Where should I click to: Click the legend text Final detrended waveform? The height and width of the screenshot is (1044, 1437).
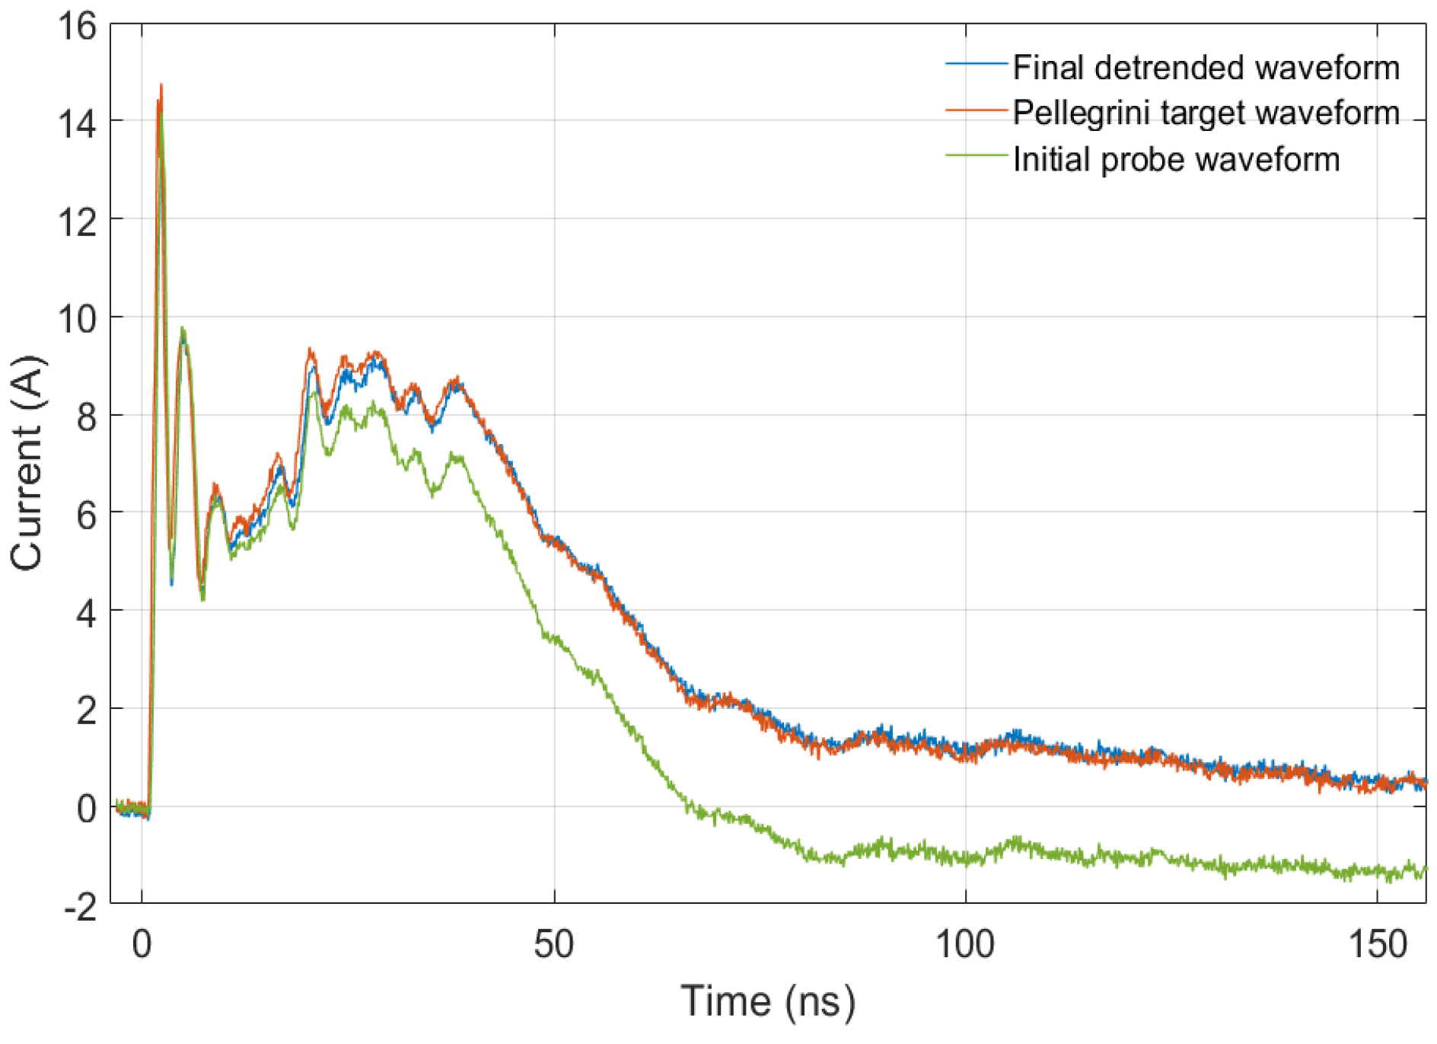pyautogui.click(x=1206, y=68)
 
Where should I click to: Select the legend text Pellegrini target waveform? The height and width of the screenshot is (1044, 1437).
pyautogui.click(x=1206, y=113)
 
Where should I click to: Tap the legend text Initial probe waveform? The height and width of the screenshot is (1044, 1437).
pyautogui.click(x=1176, y=160)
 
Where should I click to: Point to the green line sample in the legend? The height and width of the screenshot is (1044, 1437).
pyautogui.click(x=976, y=155)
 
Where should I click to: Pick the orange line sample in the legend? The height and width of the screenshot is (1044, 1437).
pyautogui.click(x=976, y=110)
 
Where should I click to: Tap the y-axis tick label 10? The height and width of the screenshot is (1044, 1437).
pyautogui.click(x=78, y=319)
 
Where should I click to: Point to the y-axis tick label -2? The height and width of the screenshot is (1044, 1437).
pyautogui.click(x=79, y=906)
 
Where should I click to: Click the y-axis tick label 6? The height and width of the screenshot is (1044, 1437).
pyautogui.click(x=86, y=516)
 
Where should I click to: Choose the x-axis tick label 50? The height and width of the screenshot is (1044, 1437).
pyautogui.click(x=553, y=945)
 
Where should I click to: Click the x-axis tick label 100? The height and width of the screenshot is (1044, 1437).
pyautogui.click(x=965, y=945)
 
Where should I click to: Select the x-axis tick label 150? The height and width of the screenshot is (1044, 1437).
pyautogui.click(x=1377, y=945)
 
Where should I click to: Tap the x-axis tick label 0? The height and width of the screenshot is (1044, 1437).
pyautogui.click(x=142, y=945)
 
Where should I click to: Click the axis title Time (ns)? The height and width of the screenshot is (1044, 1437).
pyautogui.click(x=767, y=1001)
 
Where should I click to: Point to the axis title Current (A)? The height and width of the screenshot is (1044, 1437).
pyautogui.click(x=27, y=463)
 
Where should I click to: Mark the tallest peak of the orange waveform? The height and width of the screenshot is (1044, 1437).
pyautogui.click(x=161, y=85)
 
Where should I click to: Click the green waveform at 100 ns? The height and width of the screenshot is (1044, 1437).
pyautogui.click(x=966, y=859)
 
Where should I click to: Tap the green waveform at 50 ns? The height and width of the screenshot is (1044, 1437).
pyautogui.click(x=554, y=638)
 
